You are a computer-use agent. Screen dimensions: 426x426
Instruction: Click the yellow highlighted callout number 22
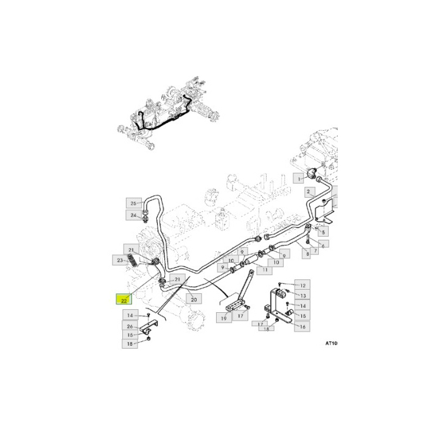(124, 299)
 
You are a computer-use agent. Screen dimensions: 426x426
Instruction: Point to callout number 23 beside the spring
(120, 260)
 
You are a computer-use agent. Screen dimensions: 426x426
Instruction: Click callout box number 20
(194, 299)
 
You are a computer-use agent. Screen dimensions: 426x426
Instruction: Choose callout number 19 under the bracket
(223, 318)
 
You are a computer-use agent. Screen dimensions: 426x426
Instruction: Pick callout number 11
(265, 269)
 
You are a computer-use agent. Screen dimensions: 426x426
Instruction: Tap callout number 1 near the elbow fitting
(299, 178)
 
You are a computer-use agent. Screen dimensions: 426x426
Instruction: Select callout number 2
(309, 192)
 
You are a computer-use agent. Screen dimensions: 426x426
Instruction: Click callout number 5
(324, 232)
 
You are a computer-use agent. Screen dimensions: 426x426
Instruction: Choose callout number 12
(302, 285)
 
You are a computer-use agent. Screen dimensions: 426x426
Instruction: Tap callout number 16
(300, 327)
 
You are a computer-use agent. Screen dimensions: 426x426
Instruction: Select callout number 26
(130, 326)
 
